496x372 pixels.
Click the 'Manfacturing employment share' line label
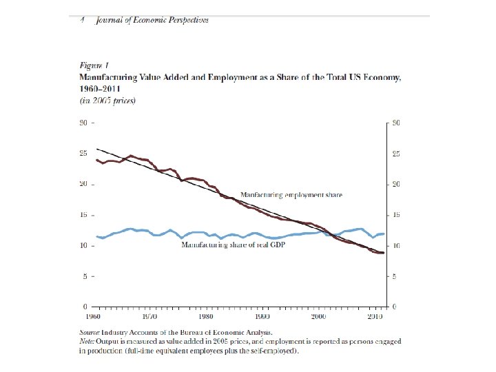tap(291, 195)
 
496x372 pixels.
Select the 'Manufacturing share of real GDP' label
tap(234, 245)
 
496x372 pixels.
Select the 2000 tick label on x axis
tap(318, 316)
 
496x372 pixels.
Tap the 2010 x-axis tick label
tap(374, 316)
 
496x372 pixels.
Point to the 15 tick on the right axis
tap(397, 215)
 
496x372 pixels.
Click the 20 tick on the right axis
tap(397, 184)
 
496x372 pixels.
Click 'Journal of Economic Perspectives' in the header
tap(152, 20)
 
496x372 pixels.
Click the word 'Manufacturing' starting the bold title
tap(105, 76)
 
